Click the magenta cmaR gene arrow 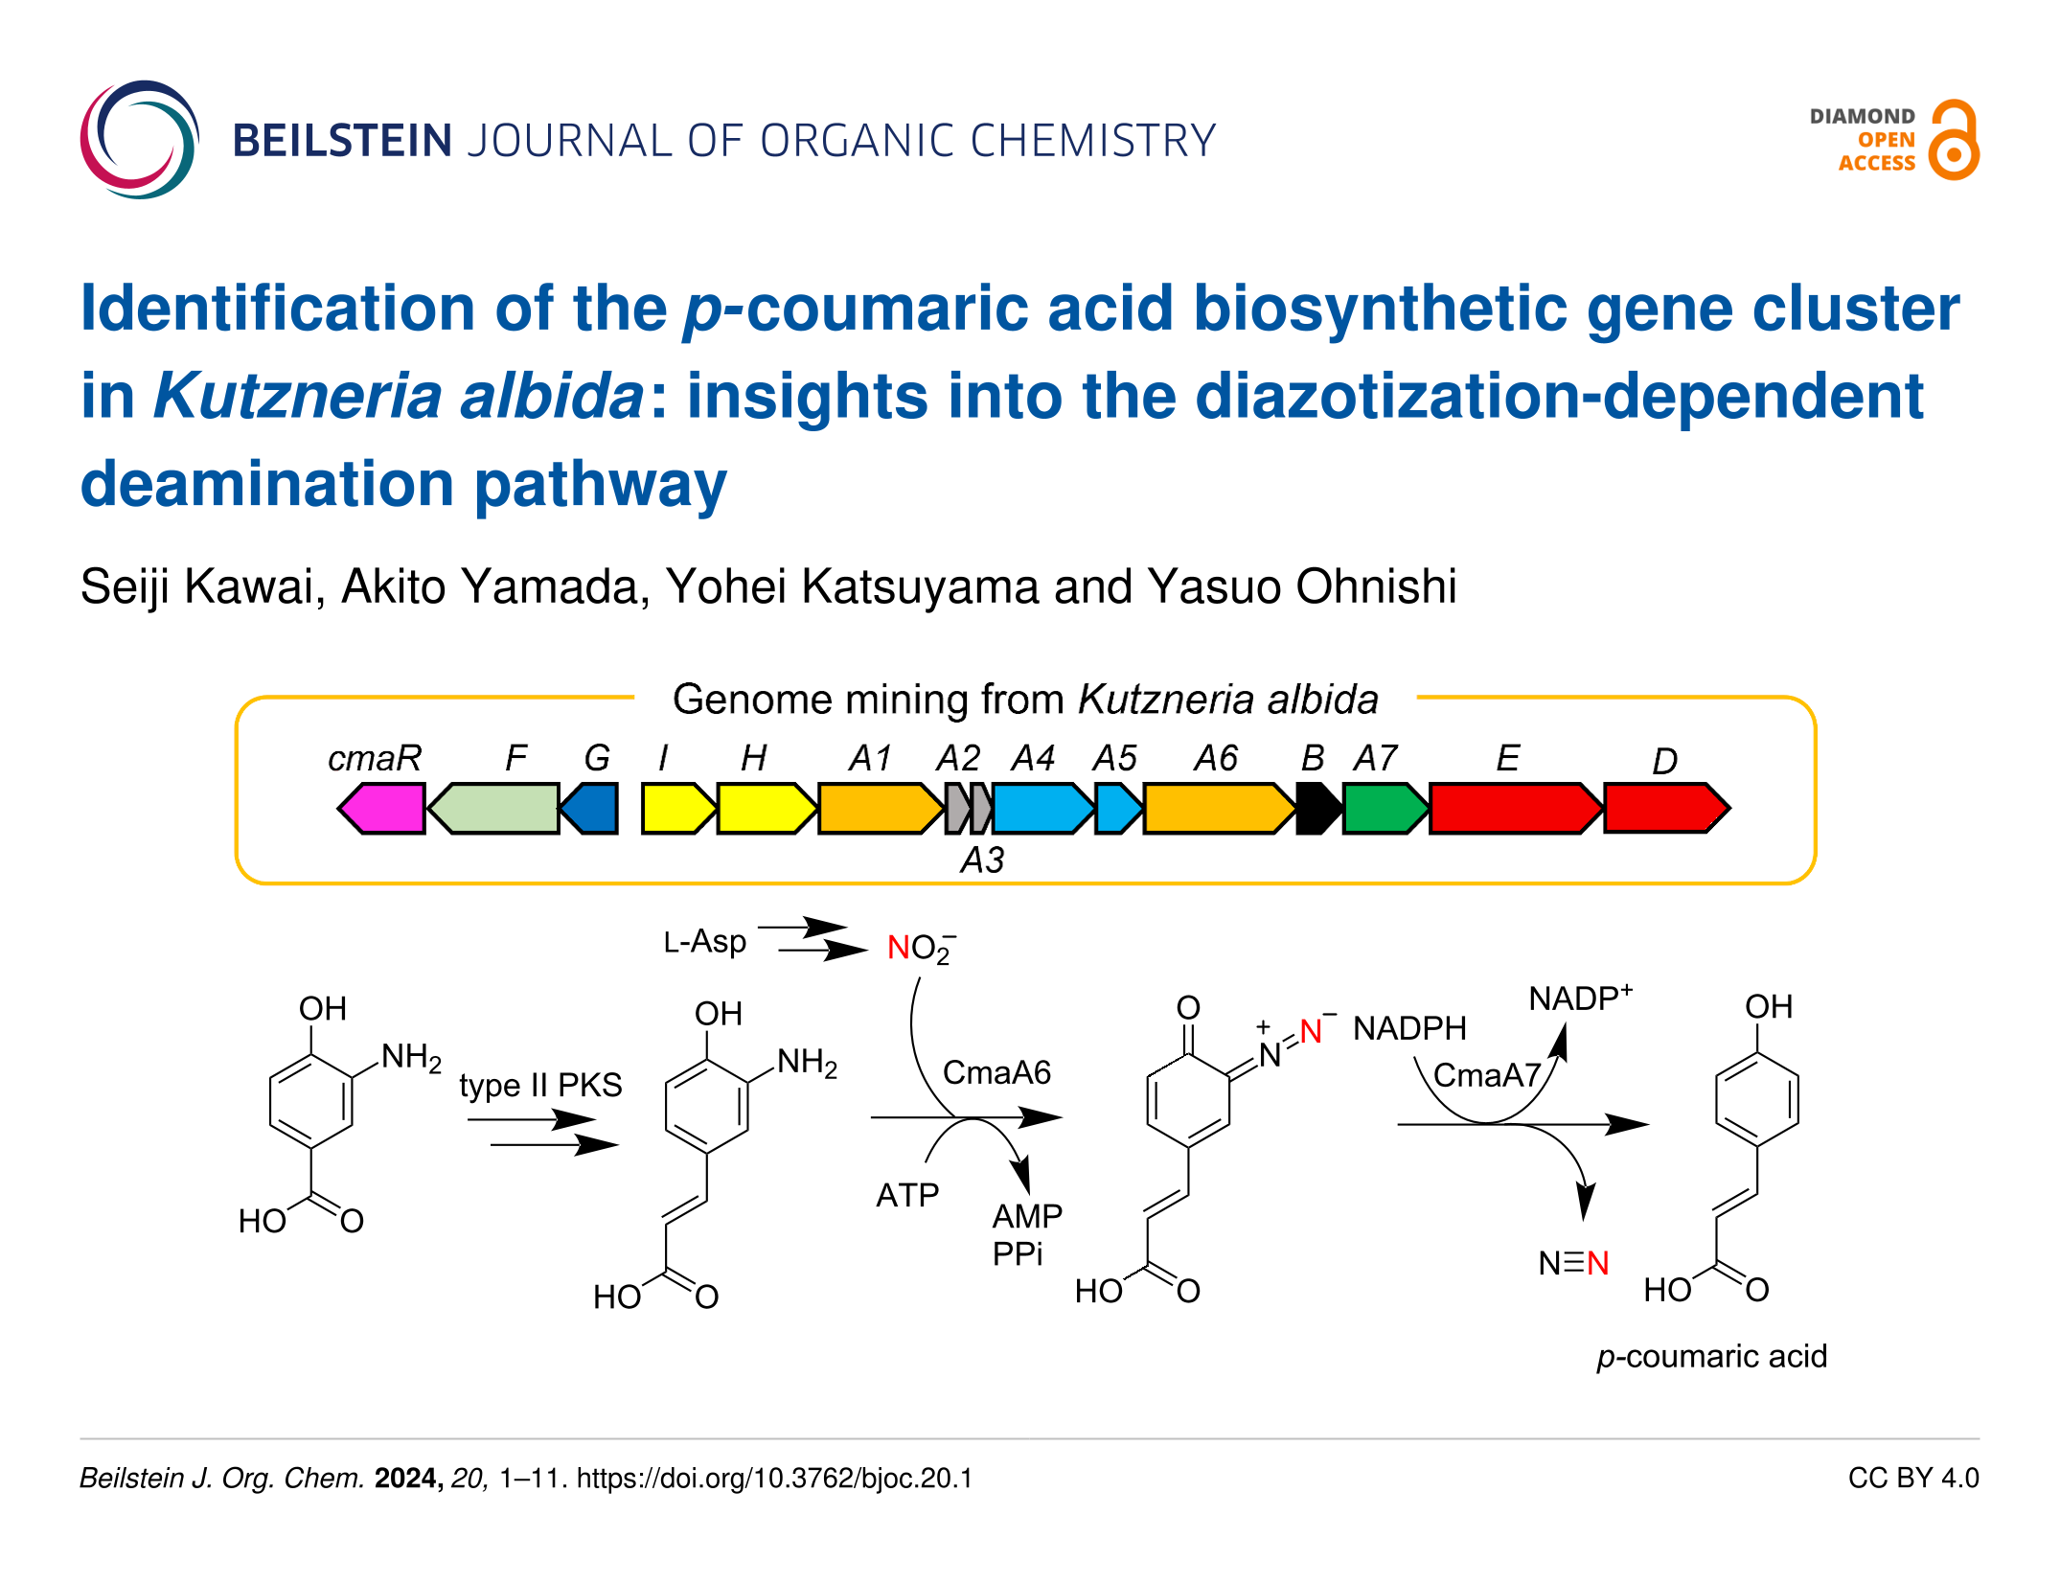click(383, 808)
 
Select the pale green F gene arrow click(494, 808)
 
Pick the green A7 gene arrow click(1384, 808)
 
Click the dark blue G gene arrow click(590, 808)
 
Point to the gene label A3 click(982, 860)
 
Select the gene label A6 click(1215, 758)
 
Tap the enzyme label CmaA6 click(996, 1072)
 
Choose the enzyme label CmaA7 click(1486, 1075)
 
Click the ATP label click(907, 1195)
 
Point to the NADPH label click(1409, 1028)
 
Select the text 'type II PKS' click(540, 1085)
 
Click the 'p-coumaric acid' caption click(1711, 1356)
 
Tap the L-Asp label click(704, 941)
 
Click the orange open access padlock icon click(1954, 140)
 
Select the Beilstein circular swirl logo click(140, 140)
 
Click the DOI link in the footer click(774, 1478)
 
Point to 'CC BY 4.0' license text click(1912, 1478)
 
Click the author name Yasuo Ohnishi click(1301, 585)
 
